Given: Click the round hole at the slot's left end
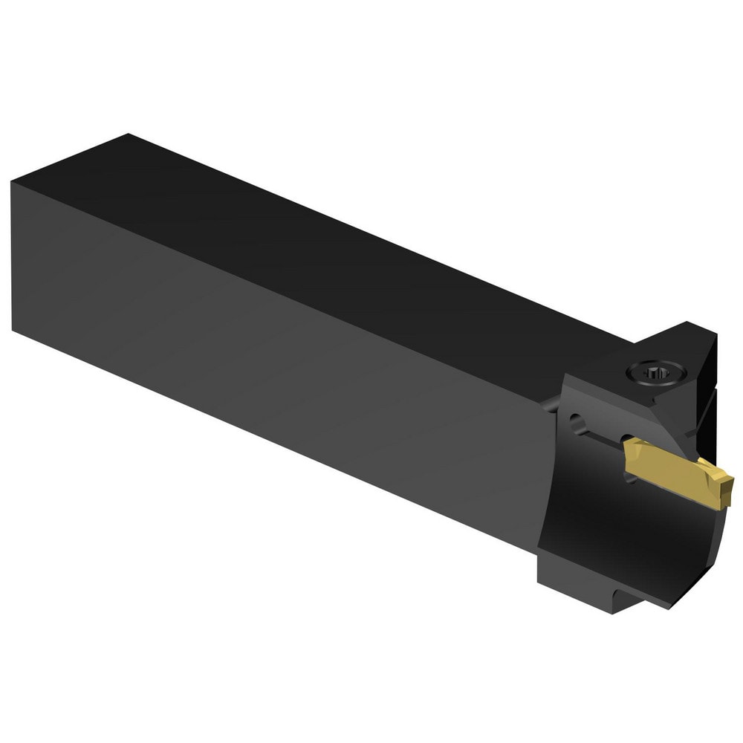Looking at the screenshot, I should [577, 425].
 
